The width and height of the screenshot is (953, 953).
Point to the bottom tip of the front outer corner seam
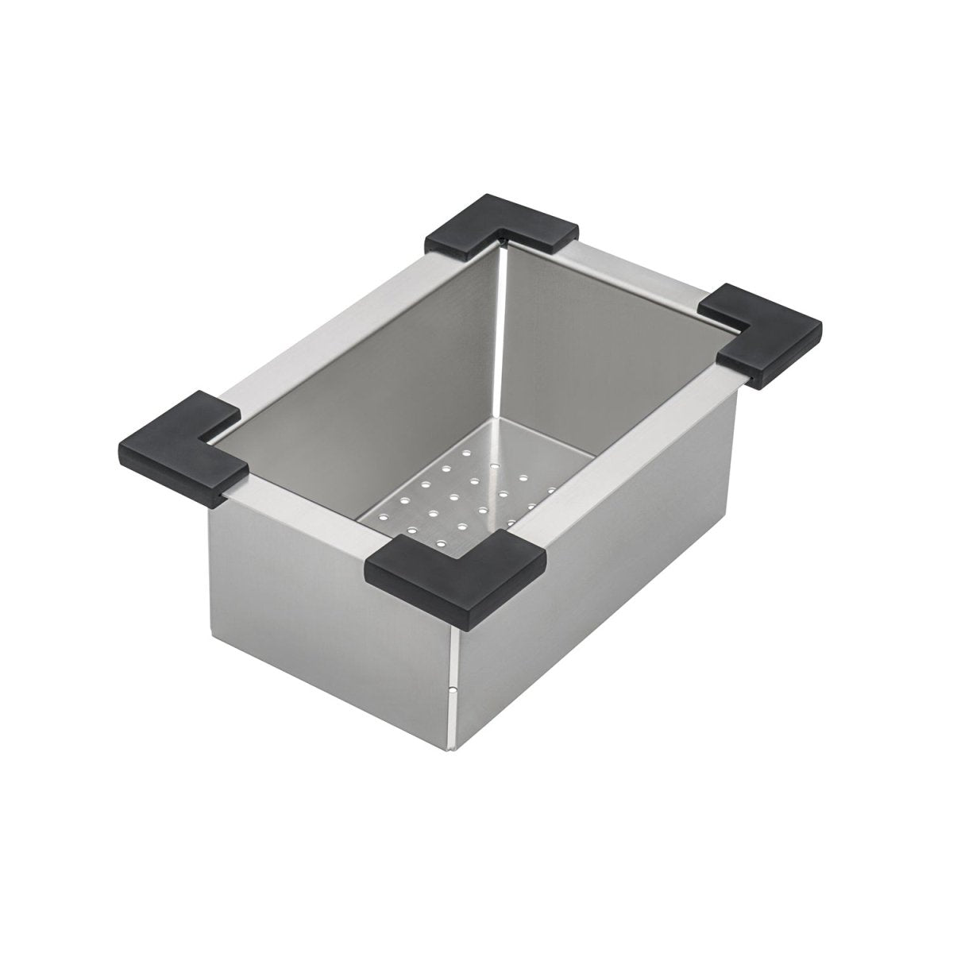pyautogui.click(x=452, y=746)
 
